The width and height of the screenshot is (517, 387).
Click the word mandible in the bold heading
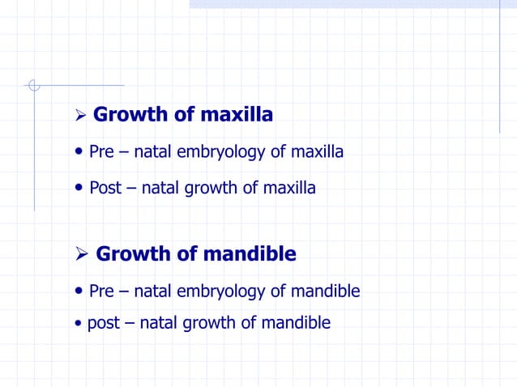250,254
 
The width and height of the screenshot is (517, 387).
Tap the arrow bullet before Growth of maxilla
79,117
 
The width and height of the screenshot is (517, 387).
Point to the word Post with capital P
105,188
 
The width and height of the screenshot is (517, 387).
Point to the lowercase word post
103,323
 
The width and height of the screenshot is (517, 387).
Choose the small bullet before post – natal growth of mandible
78,324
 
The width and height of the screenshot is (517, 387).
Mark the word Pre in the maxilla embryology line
101,151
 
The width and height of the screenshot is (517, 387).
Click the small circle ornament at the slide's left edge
33,85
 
